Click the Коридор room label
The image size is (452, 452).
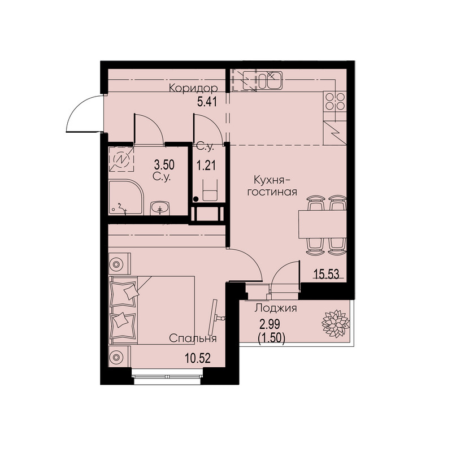coord(193,88)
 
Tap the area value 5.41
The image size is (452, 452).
coord(207,102)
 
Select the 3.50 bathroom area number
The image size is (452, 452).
coord(164,165)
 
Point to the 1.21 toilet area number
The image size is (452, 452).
coord(206,166)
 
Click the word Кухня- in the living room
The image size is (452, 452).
coord(272,180)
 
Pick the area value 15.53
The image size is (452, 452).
coord(327,274)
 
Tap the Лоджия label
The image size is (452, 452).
coord(276,308)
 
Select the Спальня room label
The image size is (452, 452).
coord(193,338)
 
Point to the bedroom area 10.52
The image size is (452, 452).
coord(198,358)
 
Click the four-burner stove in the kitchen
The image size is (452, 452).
coord(335,102)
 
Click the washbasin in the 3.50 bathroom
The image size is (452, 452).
coord(160,208)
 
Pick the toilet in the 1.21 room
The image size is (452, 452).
coord(210,190)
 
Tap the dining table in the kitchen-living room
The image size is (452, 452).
coord(323,224)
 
